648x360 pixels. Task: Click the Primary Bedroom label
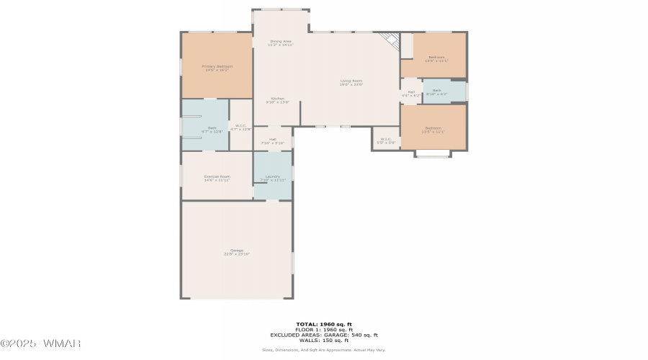click(x=217, y=66)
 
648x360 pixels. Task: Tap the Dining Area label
click(x=281, y=41)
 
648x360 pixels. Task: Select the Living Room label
click(x=351, y=81)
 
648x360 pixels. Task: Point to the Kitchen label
click(x=278, y=99)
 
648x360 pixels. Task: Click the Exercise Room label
click(x=217, y=176)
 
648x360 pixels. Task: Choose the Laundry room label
click(x=272, y=176)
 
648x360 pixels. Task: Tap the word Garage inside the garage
click(x=236, y=250)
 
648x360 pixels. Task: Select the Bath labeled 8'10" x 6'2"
click(x=437, y=90)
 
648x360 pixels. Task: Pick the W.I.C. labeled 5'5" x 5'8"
click(x=386, y=139)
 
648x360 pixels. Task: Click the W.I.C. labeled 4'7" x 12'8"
click(x=241, y=126)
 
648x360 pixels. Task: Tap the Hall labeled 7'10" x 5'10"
click(x=273, y=139)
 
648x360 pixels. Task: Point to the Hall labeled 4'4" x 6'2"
click(x=411, y=92)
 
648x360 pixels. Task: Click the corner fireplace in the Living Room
click(x=390, y=40)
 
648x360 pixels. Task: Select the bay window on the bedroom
click(x=433, y=153)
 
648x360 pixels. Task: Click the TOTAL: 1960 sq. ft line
click(x=323, y=324)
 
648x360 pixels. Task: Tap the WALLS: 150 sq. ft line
click(x=323, y=341)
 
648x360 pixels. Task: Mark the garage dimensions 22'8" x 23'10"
click(x=236, y=254)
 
